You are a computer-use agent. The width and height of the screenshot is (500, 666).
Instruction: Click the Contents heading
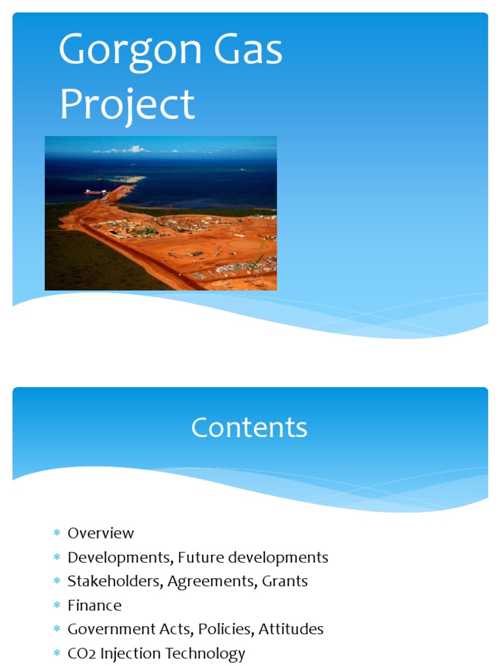tap(249, 428)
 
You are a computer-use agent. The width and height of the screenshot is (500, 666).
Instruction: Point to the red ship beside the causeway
tap(93, 192)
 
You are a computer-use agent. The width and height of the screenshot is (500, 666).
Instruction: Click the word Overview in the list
tap(101, 533)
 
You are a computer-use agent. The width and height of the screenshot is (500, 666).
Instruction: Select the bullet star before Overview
tap(57, 534)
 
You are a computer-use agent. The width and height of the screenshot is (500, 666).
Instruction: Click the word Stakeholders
tap(115, 581)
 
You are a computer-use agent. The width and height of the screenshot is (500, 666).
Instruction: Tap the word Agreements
tap(212, 582)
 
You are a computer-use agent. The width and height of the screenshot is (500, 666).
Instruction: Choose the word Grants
tap(285, 581)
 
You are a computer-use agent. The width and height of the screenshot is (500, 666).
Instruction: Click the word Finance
tap(94, 606)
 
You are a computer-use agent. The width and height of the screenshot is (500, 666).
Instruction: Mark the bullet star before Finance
tap(57, 606)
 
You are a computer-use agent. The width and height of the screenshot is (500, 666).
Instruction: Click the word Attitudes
tap(291, 630)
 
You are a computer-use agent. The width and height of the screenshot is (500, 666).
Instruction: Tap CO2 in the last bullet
tap(81, 654)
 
